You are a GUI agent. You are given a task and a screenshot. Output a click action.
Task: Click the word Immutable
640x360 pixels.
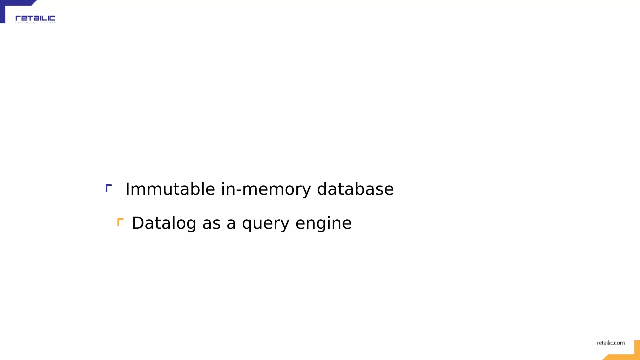coord(170,189)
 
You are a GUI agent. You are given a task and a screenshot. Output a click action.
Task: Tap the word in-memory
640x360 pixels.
coord(266,189)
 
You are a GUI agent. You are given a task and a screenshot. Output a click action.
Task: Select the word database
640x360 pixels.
coord(355,189)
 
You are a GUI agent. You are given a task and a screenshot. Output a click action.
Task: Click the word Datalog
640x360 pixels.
coord(164,223)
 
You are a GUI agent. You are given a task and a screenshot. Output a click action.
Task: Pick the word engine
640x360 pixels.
coord(323,224)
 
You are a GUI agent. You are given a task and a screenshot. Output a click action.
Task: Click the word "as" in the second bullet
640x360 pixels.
coord(211,224)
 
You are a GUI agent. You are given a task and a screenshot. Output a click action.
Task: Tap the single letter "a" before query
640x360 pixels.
coord(231,224)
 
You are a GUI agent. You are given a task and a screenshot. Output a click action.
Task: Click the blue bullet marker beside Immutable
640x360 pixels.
coord(108,188)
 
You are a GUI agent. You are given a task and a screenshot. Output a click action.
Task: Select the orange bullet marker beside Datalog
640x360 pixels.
coord(120,222)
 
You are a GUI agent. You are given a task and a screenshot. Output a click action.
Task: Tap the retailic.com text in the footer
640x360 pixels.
coord(611,343)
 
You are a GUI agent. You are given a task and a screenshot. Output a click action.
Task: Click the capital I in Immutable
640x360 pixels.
coord(127,189)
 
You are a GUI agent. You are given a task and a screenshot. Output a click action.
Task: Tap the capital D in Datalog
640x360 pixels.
coord(138,223)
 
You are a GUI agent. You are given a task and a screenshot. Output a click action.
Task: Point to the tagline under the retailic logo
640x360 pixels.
coord(35,22)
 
